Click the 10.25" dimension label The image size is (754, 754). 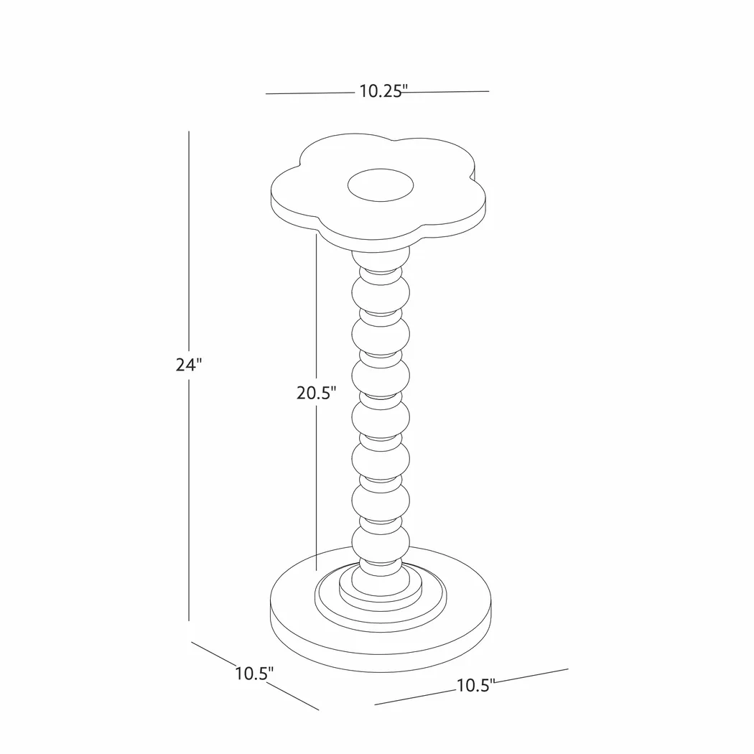point(383,91)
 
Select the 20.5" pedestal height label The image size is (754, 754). point(317,393)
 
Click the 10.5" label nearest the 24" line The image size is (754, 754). point(254,674)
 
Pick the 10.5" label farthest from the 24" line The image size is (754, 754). point(475,686)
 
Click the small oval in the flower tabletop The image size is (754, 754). point(381,187)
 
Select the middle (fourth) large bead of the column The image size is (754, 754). point(381,416)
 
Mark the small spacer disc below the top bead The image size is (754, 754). point(381,314)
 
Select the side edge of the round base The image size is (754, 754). point(381,664)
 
